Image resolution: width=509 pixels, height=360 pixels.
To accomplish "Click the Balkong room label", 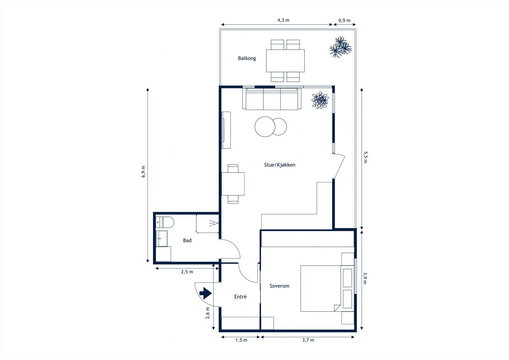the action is pyautogui.click(x=247, y=58).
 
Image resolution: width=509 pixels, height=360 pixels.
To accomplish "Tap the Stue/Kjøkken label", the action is pyautogui.click(x=280, y=165).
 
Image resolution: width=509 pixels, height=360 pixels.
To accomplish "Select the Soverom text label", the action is pyautogui.click(x=279, y=286).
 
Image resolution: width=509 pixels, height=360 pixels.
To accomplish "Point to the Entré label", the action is pyautogui.click(x=240, y=297).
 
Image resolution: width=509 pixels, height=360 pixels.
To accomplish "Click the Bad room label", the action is pyautogui.click(x=187, y=240).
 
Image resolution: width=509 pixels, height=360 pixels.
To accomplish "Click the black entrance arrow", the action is pyautogui.click(x=206, y=293).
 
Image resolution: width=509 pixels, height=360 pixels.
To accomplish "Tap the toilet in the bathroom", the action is pyautogui.click(x=165, y=222).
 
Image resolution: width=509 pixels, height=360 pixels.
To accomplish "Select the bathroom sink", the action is pyautogui.click(x=162, y=238).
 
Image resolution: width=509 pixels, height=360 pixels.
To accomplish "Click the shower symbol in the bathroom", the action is pyautogui.click(x=213, y=223).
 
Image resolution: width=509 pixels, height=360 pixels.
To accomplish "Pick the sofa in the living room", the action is pyautogui.click(x=272, y=99).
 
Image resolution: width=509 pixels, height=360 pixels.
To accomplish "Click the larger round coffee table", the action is pyautogui.click(x=265, y=127).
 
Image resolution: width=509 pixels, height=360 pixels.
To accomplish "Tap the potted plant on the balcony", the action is pyautogui.click(x=341, y=47).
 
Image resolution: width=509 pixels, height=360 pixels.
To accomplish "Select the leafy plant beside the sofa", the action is pyautogui.click(x=320, y=100).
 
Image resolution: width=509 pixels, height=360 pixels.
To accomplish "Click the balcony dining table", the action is pyautogui.click(x=285, y=61).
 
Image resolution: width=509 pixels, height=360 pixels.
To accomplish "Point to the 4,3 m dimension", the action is pyautogui.click(x=283, y=20).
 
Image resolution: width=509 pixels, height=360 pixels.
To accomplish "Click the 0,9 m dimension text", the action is pyautogui.click(x=344, y=20).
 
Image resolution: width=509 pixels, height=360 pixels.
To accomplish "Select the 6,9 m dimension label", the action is pyautogui.click(x=143, y=172).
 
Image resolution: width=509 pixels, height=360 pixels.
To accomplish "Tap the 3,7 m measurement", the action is pyautogui.click(x=308, y=340).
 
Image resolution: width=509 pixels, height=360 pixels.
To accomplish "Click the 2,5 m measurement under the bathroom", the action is pyautogui.click(x=187, y=272).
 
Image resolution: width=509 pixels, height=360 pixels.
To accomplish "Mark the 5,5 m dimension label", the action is pyautogui.click(x=365, y=157).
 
